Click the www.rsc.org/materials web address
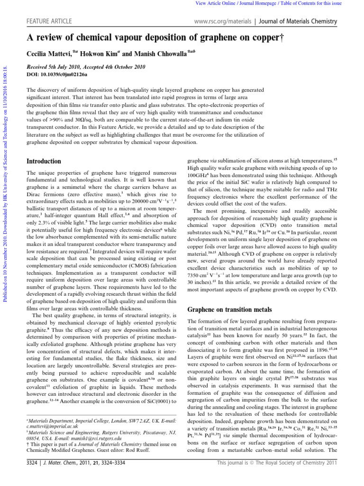click(x=222, y=21)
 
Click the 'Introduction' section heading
click(x=44, y=161)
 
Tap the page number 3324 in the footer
click(x=35, y=477)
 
